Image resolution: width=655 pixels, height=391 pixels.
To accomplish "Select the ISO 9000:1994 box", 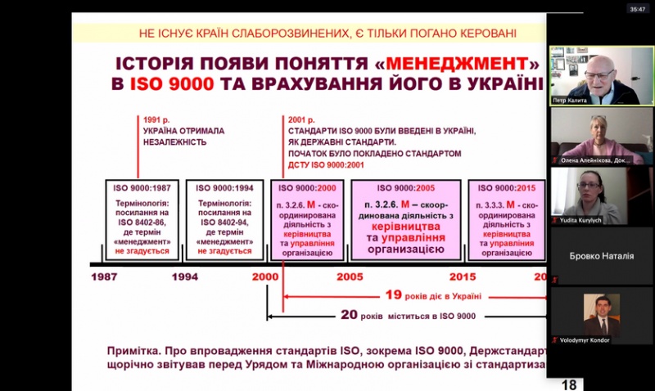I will [223, 218].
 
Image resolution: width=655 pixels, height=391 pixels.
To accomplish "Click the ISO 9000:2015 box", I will [507, 218].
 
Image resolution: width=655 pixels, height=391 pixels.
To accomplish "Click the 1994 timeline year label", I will [184, 276].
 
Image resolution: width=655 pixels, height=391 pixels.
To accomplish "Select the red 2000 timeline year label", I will [265, 276].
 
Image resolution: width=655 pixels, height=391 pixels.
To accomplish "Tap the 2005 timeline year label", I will [350, 276].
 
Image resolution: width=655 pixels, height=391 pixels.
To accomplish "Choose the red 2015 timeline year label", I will [462, 276].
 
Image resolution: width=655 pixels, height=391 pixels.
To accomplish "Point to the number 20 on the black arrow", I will [350, 315].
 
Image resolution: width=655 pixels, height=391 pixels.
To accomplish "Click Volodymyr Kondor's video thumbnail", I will [601, 316].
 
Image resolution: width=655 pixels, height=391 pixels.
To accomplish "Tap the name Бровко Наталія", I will [602, 256].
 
